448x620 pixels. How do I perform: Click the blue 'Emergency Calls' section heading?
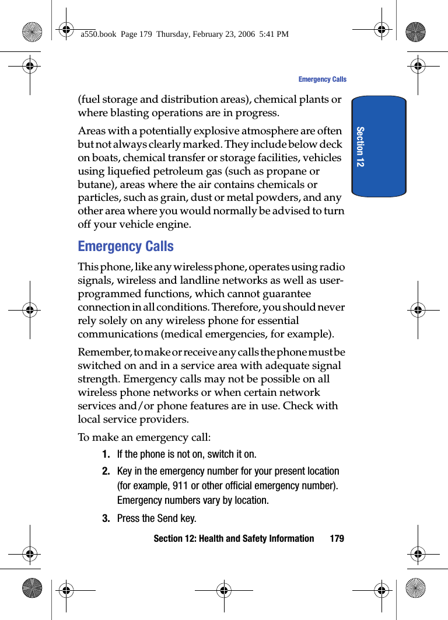point(125,246)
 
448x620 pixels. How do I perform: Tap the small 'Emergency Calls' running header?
point(322,79)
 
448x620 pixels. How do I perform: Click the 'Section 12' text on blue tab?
point(360,147)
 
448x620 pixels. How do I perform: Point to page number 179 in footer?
point(337,538)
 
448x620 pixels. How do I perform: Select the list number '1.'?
point(106,454)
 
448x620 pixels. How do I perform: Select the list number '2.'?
point(106,471)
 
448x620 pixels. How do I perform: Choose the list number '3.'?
point(106,518)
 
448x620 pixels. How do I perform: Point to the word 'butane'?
point(94,184)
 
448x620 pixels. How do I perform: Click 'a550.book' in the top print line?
point(98,34)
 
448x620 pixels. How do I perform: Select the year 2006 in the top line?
point(245,34)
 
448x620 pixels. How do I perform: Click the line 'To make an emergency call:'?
point(144,437)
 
